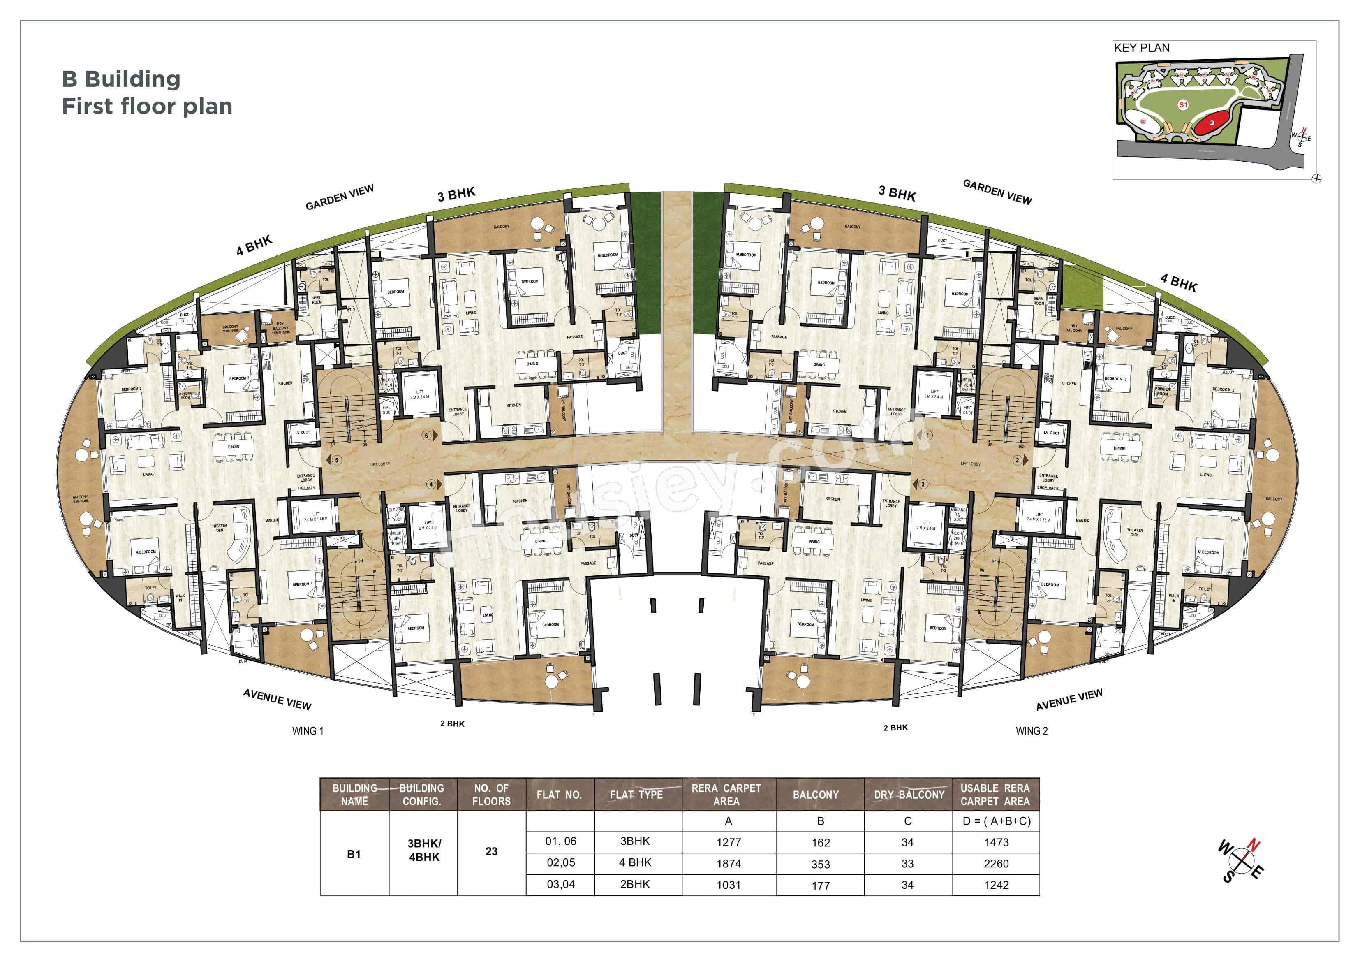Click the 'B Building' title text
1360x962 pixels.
121,79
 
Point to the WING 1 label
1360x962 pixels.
308,731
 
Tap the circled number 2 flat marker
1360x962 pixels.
1018,460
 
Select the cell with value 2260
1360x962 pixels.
996,864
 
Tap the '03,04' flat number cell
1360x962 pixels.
560,884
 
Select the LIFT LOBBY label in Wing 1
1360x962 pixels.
380,464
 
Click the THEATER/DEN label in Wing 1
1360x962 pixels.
219,528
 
